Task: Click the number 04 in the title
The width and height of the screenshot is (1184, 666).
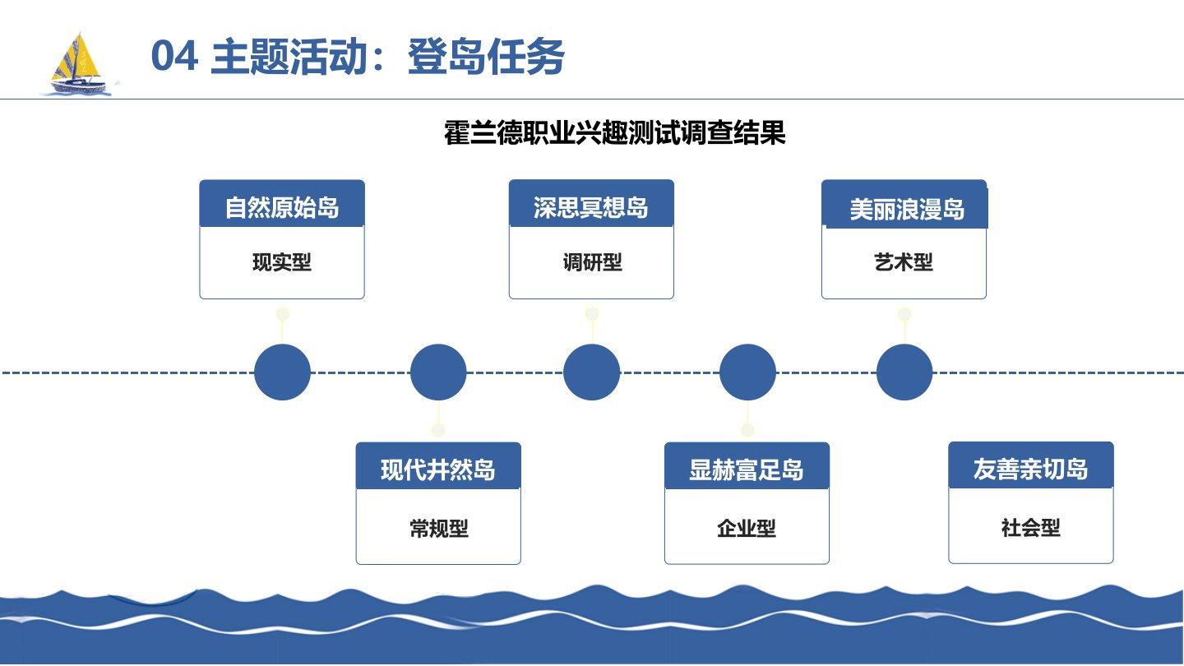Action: (x=174, y=58)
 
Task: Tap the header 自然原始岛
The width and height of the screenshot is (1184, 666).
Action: (x=282, y=207)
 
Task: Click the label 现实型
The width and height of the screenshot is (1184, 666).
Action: (x=282, y=263)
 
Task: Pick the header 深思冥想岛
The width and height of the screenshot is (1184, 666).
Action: (x=591, y=207)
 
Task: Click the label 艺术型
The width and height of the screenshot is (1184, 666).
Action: (x=904, y=263)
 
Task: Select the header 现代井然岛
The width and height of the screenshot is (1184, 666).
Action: (x=438, y=470)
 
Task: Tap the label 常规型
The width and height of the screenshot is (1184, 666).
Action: (x=438, y=529)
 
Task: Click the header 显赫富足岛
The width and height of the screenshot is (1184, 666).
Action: (x=747, y=470)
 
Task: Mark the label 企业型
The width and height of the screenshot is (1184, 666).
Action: (x=747, y=529)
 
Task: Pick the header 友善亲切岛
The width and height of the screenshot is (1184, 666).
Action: (x=1031, y=469)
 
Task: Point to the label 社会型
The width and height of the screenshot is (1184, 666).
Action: (x=1031, y=528)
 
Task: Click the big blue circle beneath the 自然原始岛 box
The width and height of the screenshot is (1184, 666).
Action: (x=282, y=372)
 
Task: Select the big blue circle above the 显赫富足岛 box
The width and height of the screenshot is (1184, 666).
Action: (x=747, y=372)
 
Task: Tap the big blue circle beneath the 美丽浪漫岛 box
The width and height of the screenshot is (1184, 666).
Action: (x=904, y=372)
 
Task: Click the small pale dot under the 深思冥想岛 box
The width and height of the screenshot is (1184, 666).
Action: (x=592, y=314)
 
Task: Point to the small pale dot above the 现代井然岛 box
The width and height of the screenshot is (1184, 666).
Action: (x=438, y=430)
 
